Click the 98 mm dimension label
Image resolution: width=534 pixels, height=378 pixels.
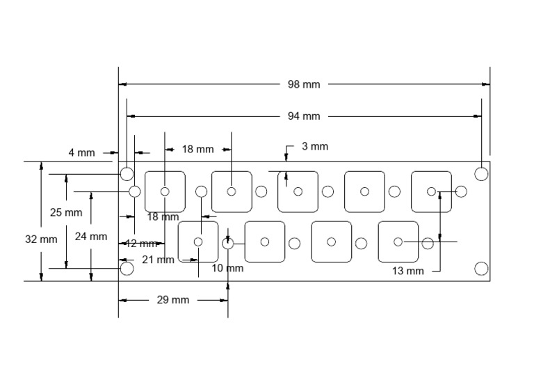click(304, 84)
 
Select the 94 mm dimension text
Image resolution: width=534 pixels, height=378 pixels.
click(304, 116)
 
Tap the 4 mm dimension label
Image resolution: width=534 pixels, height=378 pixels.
click(81, 152)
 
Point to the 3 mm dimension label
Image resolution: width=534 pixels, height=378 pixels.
click(314, 146)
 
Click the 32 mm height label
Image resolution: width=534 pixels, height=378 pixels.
click(41, 239)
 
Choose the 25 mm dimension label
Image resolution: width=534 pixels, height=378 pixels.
click(66, 212)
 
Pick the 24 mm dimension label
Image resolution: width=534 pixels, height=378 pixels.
click(91, 236)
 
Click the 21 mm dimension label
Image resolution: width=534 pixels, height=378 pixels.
click(158, 260)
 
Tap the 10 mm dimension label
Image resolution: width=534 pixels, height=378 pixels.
click(227, 268)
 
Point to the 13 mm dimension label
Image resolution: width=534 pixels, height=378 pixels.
click(407, 271)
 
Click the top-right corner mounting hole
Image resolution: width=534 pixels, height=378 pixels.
click(481, 173)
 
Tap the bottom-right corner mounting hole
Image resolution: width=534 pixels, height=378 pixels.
click(481, 268)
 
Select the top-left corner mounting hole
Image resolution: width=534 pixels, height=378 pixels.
click(127, 173)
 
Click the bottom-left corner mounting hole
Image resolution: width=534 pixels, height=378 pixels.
click(127, 268)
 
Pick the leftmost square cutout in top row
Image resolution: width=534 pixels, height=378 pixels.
click(165, 191)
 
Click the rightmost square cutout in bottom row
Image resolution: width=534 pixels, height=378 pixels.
click(398, 242)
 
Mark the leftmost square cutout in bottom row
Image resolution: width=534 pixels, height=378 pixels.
click(198, 242)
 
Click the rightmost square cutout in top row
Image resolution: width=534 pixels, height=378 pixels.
click(431, 191)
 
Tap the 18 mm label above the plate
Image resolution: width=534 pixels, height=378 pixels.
click(197, 149)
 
